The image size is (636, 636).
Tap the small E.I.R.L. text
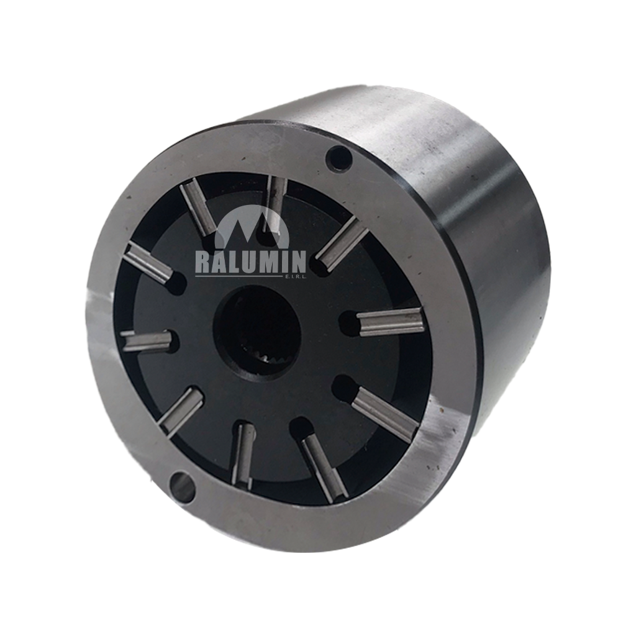(294, 277)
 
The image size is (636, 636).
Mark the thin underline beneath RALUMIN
(238, 276)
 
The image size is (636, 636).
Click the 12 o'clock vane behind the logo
(275, 205)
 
